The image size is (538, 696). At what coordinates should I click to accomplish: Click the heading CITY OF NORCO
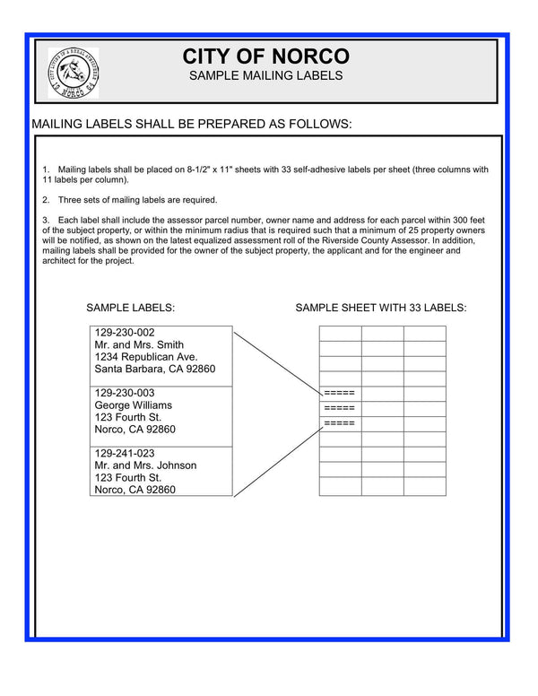tap(265, 56)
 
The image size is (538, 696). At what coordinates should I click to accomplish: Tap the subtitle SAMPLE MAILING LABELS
tap(265, 77)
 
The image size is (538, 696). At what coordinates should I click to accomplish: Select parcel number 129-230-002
tap(125, 332)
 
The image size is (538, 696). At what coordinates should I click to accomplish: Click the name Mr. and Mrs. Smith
tap(139, 344)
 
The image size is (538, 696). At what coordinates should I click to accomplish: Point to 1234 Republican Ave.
tap(145, 357)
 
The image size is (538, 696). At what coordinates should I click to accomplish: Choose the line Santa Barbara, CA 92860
tap(155, 370)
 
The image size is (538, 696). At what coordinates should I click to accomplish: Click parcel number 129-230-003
tap(125, 393)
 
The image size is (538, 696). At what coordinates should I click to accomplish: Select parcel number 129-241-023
tap(125, 453)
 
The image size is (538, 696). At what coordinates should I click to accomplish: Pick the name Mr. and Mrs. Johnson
tap(145, 465)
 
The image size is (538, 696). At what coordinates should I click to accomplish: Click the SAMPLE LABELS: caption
tap(130, 308)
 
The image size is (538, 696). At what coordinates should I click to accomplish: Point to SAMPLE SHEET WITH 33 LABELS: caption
tap(381, 308)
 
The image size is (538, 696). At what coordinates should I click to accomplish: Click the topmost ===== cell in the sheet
tap(340, 394)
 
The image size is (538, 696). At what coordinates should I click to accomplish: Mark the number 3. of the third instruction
tap(46, 220)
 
